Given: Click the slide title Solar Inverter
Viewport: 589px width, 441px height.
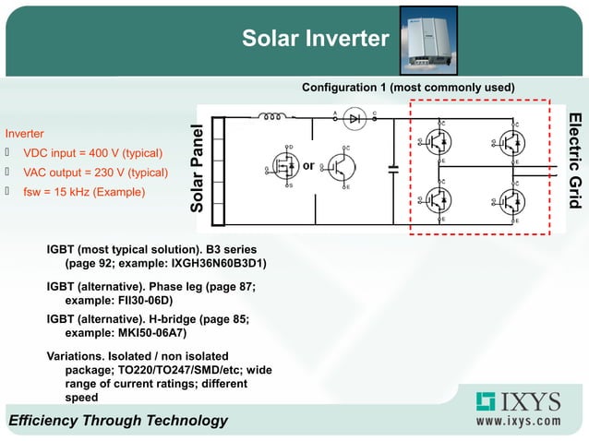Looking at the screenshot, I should [x=315, y=39].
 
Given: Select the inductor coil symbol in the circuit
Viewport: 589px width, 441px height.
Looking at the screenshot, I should [x=274, y=118].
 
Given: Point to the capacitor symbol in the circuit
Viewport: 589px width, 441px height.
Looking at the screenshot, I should [x=394, y=169].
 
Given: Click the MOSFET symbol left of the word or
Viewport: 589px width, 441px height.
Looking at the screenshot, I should [x=282, y=167].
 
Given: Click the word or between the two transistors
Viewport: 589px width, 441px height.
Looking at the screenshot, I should [x=309, y=167].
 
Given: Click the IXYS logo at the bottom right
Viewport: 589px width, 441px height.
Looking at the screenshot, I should [x=518, y=402].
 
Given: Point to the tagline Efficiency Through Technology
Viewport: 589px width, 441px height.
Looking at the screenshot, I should [x=118, y=421].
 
